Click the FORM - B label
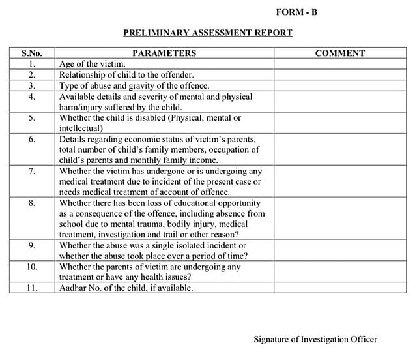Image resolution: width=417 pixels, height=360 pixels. pos(296,12)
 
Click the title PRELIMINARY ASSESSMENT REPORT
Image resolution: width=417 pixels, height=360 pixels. pos(208,33)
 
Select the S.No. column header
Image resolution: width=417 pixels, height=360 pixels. pos(31,53)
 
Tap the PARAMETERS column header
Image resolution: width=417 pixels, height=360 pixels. pos(164,53)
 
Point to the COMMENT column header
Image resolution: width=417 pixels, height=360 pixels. pos(339,53)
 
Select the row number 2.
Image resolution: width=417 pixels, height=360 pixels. pos(31,75)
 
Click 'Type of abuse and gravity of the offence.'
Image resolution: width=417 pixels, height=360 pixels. pos(134,85)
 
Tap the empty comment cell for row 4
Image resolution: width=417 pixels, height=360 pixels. pos(339,102)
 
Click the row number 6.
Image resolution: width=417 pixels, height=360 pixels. pos(31,140)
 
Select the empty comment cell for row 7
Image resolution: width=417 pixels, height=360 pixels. pos(339,181)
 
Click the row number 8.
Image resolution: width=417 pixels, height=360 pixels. pos(31,203)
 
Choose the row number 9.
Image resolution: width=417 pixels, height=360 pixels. pos(31,246)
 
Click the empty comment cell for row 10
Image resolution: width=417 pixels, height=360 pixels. pos(339,272)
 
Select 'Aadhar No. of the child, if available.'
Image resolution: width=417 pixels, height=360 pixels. pos(126,288)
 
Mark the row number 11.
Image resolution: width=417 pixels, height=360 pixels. pos(31,288)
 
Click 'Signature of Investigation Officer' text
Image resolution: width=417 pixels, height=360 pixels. pos(315,339)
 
